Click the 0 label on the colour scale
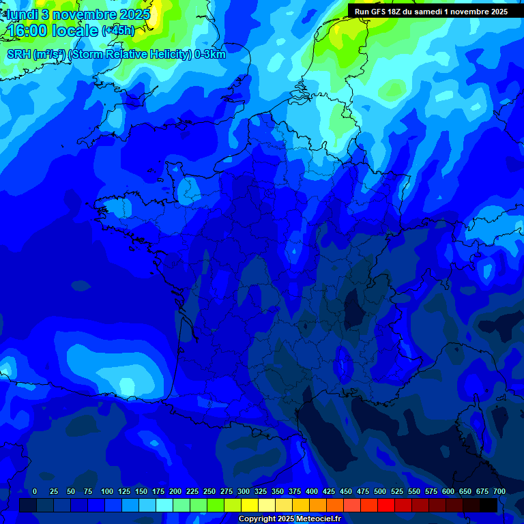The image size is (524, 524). tap(35, 491)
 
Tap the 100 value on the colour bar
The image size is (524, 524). tap(107, 491)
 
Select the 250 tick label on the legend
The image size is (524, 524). tap(209, 491)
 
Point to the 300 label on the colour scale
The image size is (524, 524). tap(244, 491)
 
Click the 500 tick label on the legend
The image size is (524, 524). tap(380, 491)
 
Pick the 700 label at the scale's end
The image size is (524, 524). tap(499, 491)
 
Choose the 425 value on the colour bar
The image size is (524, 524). tap(329, 491)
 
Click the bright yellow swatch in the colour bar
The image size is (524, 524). tap(250, 506)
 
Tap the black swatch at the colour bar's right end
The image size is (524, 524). tap(489, 506)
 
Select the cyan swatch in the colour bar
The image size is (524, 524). tap(164, 506)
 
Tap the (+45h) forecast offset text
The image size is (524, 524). tap(118, 31)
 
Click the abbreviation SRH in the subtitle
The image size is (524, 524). tap(18, 55)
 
